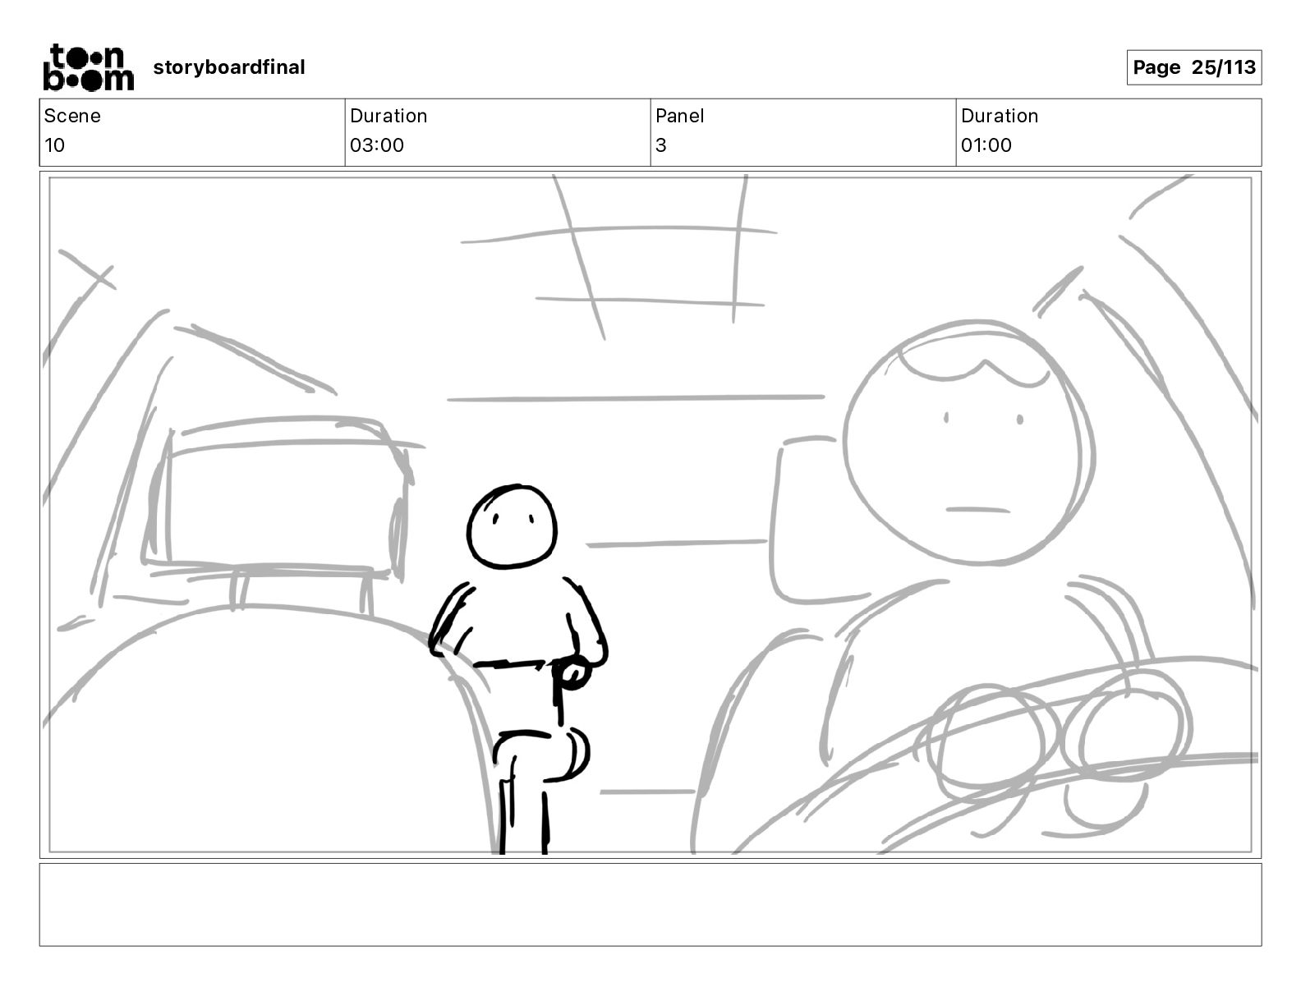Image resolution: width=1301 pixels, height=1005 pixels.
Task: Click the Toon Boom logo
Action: click(89, 67)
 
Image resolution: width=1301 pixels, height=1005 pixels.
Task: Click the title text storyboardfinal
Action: click(228, 67)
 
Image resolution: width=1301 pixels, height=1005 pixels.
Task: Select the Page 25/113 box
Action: click(1194, 67)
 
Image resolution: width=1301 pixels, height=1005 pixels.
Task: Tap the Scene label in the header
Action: click(72, 116)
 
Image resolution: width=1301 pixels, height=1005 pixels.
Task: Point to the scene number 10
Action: click(54, 145)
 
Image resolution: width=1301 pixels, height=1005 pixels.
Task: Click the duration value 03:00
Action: click(377, 145)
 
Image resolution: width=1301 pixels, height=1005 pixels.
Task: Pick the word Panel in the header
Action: click(679, 116)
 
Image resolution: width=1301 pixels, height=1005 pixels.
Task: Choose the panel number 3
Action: click(661, 145)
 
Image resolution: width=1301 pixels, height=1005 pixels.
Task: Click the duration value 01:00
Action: click(986, 145)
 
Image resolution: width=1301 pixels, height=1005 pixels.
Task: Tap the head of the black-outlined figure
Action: click(512, 527)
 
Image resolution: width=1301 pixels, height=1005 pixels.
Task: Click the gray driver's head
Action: click(968, 443)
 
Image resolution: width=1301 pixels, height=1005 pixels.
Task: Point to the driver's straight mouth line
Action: click(977, 510)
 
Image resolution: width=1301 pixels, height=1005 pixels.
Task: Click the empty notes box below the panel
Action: click(650, 905)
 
